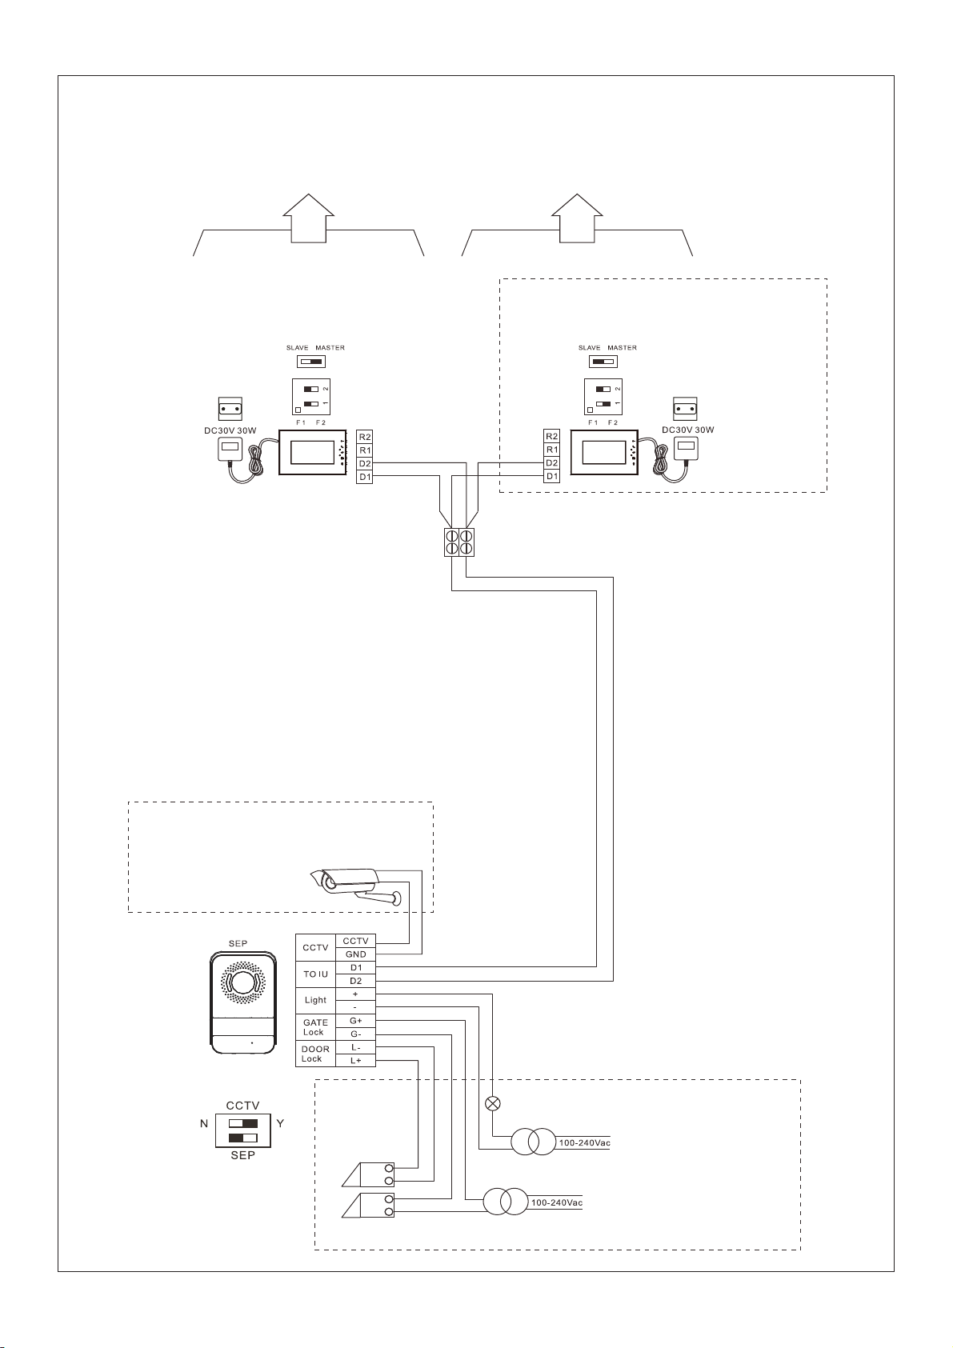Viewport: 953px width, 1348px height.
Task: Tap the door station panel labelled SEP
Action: click(243, 1002)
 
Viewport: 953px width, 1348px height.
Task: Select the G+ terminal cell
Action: click(355, 1021)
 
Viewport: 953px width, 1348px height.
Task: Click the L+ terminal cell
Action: click(355, 1060)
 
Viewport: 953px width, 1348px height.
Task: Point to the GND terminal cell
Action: click(355, 954)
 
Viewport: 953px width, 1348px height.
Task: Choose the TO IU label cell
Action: click(315, 974)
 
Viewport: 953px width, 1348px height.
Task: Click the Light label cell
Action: click(315, 1000)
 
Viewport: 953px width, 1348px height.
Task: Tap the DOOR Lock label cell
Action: click(315, 1054)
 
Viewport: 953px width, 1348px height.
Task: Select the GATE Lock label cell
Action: click(315, 1027)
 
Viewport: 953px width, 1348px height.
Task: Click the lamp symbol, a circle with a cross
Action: click(494, 1104)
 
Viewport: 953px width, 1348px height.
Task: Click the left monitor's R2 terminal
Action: click(365, 437)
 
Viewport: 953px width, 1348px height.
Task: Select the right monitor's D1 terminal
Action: click(551, 477)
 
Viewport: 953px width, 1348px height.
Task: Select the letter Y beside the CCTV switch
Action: click(280, 1123)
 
